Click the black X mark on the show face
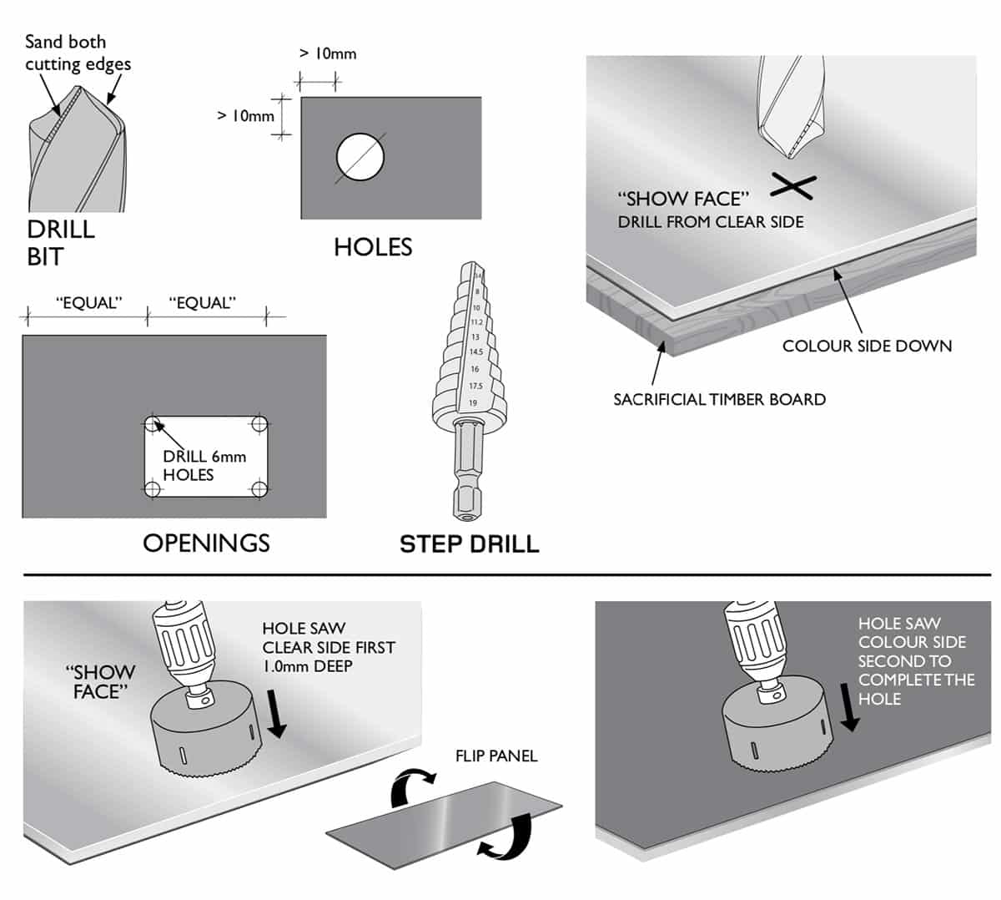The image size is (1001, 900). click(792, 186)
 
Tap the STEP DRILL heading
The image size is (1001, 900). click(469, 544)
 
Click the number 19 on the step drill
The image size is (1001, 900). click(473, 403)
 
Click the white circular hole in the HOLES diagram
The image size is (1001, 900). click(360, 157)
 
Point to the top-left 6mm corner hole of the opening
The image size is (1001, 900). click(152, 424)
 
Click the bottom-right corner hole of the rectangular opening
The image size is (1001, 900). click(259, 488)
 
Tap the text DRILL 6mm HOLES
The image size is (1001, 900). click(204, 466)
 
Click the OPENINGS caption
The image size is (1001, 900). click(206, 544)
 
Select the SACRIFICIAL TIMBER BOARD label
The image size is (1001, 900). click(719, 400)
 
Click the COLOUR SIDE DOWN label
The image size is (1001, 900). click(867, 346)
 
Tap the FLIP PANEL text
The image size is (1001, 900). click(496, 756)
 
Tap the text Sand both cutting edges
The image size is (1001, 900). click(77, 53)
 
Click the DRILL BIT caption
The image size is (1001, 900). click(60, 242)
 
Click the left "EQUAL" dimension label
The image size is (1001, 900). click(88, 303)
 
